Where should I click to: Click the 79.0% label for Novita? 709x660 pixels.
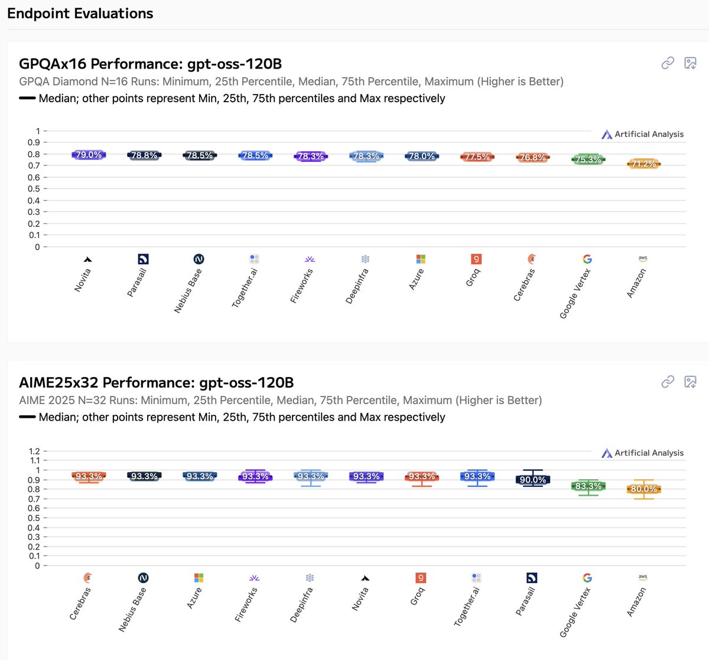coord(89,155)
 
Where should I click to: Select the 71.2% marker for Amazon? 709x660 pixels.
coord(643,164)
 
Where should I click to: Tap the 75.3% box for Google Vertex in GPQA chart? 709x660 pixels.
coord(588,160)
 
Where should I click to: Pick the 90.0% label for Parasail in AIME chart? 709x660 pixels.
coord(532,480)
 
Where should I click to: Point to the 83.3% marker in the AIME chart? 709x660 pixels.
coord(588,486)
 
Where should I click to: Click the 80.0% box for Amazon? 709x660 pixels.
coord(643,489)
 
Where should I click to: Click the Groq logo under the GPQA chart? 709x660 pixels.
coord(476,259)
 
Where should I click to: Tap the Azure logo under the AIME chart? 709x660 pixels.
coord(199,577)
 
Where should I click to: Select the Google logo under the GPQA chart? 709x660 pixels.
coord(587,259)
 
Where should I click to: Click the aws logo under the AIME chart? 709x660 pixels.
coord(643,577)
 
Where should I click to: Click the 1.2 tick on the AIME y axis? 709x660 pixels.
coord(34,451)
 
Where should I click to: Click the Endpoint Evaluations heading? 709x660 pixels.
coord(80,14)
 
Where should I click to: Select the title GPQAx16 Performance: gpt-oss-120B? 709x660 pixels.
coord(150,64)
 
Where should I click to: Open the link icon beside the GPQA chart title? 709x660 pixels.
coord(668,63)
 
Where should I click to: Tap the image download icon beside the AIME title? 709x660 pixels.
coord(690,382)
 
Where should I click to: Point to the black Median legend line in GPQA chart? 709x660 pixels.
coord(27,98)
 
